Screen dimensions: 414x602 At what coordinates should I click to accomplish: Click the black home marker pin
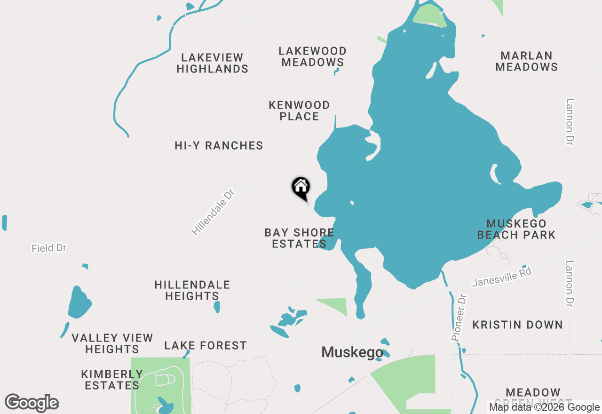[x=301, y=188]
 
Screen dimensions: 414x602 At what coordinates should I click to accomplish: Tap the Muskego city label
[x=352, y=352]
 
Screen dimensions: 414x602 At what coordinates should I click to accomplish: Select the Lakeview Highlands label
[x=213, y=63]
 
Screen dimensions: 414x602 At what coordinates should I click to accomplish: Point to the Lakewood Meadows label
[x=313, y=56]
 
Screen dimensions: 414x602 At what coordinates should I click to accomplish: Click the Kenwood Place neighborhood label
[x=299, y=111]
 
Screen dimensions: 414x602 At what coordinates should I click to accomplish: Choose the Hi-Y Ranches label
[x=219, y=145]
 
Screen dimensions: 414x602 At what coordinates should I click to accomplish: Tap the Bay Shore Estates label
[x=299, y=238]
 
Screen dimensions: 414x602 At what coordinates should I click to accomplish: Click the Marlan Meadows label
[x=526, y=61]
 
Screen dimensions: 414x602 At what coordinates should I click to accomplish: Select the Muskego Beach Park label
[x=516, y=229]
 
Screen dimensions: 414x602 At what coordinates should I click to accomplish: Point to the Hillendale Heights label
[x=192, y=290]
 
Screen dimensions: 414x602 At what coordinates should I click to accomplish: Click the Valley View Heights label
[x=112, y=343]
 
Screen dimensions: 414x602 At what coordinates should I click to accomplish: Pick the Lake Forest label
[x=206, y=346]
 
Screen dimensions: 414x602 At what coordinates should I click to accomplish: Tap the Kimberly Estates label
[x=112, y=380]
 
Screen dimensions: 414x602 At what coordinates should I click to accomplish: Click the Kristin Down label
[x=517, y=325]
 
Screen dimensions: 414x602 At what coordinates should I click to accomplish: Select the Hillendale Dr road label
[x=213, y=213]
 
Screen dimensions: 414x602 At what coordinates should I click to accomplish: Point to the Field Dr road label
[x=49, y=247]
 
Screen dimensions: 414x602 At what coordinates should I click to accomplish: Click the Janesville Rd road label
[x=502, y=277]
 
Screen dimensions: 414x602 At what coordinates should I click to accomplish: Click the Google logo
[x=32, y=403]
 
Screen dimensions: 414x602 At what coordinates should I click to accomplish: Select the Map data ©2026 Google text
[x=544, y=407]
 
